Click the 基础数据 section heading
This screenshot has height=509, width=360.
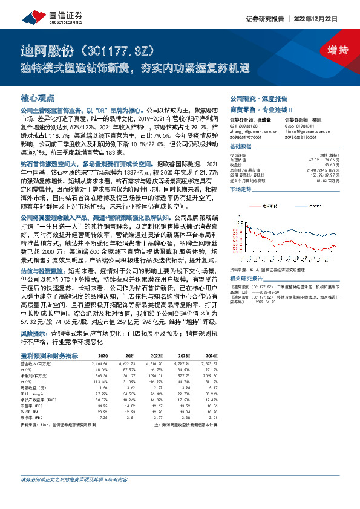(240, 147)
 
